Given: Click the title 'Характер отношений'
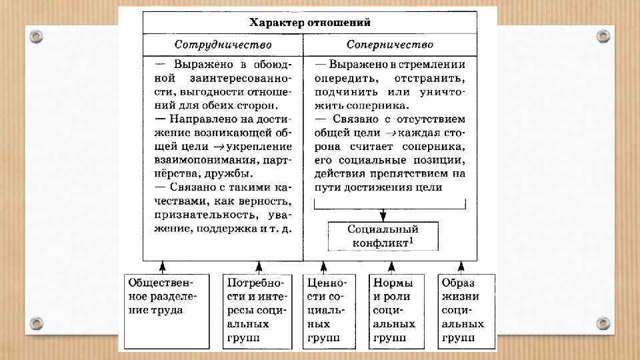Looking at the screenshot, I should point(310,22).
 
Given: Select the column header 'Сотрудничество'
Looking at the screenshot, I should point(223,45).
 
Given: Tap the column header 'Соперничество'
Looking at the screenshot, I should point(390,45).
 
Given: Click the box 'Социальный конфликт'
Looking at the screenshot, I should point(383,235).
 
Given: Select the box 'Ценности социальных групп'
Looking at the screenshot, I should point(326,310).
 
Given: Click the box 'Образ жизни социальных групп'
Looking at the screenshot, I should point(466,310).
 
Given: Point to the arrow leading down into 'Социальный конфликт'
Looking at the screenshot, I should point(383,211).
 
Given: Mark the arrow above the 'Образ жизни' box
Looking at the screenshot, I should point(466,266).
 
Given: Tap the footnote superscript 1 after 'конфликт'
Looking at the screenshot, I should point(412,240).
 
